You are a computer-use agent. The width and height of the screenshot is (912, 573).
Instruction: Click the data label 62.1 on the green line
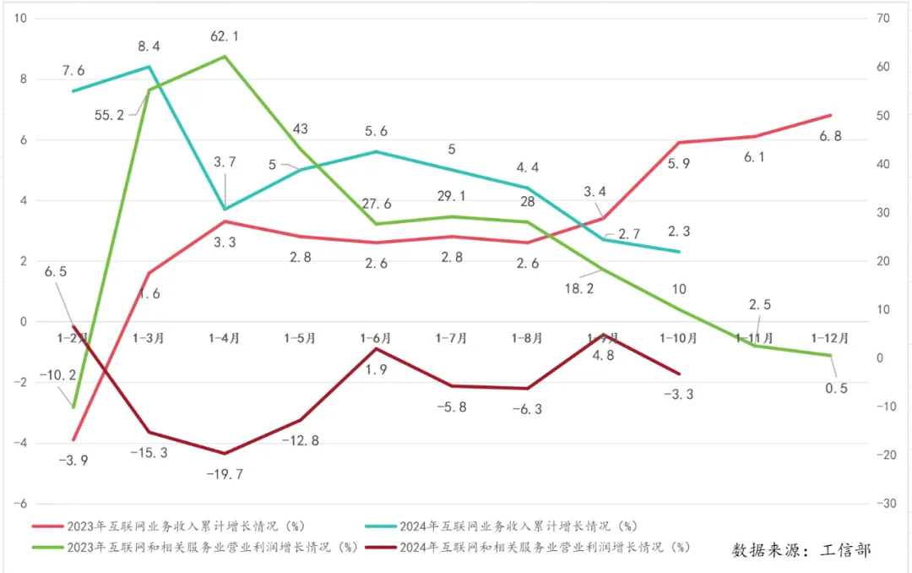pyautogui.click(x=224, y=36)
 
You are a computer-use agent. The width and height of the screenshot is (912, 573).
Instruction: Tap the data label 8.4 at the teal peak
pyautogui.click(x=150, y=46)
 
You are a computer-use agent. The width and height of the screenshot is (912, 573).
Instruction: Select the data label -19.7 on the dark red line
pyautogui.click(x=224, y=473)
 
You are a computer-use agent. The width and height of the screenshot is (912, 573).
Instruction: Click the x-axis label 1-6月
pyautogui.click(x=376, y=338)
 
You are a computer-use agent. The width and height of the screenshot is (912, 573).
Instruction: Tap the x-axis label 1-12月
pyautogui.click(x=830, y=338)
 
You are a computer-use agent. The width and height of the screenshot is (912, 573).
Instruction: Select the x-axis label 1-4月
pyautogui.click(x=224, y=338)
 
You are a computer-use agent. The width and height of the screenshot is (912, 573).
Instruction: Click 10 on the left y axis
pyautogui.click(x=22, y=19)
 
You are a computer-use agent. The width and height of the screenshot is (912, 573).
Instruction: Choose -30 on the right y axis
pyautogui.click(x=885, y=504)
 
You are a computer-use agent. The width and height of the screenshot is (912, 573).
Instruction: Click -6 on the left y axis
pyautogui.click(x=22, y=504)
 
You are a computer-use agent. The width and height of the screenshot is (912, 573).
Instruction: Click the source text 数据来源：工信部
pyautogui.click(x=801, y=550)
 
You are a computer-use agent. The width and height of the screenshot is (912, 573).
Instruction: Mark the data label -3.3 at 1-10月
pyautogui.click(x=680, y=394)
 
